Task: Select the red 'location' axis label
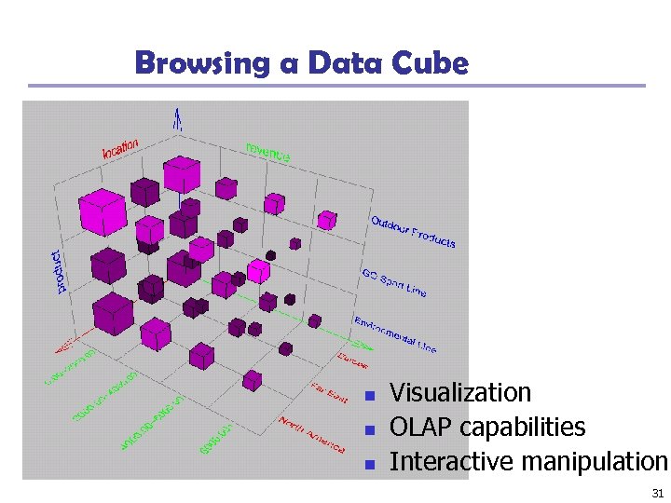[x=120, y=148]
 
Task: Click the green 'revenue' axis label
[x=267, y=153]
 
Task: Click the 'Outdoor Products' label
[x=413, y=232]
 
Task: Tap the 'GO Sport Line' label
[x=393, y=281]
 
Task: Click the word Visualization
[x=459, y=393]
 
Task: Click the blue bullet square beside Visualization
[x=370, y=395]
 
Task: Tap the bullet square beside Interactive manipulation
[x=370, y=463]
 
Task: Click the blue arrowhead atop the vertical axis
[x=176, y=117]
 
